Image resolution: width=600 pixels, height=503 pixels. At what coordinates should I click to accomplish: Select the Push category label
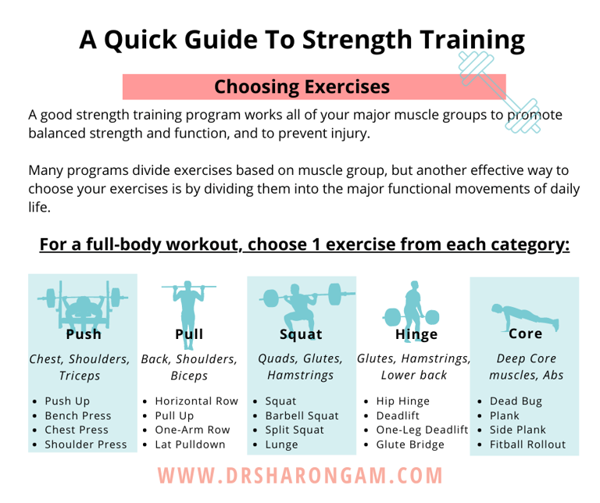(84, 334)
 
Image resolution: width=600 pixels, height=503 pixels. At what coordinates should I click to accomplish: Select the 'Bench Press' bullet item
(78, 416)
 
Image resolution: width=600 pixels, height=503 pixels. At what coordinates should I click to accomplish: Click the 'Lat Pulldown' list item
(190, 444)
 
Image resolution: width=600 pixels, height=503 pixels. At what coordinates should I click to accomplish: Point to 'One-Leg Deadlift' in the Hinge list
(422, 430)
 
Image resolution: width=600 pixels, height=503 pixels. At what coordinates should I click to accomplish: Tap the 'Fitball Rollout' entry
(527, 444)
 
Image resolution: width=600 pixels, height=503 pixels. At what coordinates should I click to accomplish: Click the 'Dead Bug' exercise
(516, 401)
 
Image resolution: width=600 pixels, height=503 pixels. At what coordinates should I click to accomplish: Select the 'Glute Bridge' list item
(410, 444)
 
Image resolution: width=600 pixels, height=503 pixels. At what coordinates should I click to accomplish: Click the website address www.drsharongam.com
(301, 475)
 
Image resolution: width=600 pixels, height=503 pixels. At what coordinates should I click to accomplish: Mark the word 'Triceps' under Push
(79, 376)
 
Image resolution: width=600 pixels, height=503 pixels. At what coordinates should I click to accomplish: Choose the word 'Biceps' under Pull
(189, 376)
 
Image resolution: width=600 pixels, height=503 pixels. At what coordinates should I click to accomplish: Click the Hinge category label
(416, 334)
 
